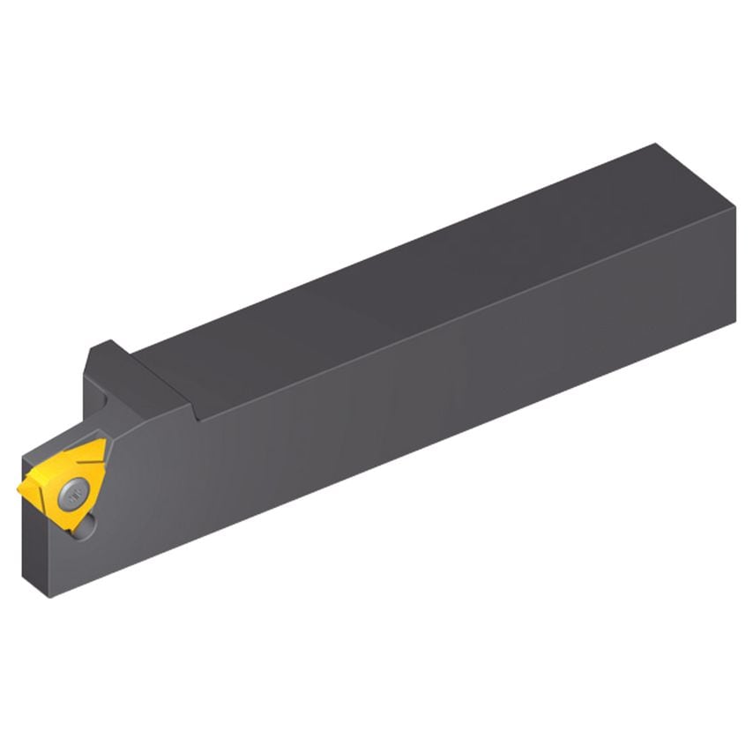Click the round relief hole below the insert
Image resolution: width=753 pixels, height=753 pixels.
pos(86,527)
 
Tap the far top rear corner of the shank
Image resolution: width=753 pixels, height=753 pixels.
pos(656,145)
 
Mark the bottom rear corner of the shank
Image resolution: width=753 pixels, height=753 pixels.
pos(734,323)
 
